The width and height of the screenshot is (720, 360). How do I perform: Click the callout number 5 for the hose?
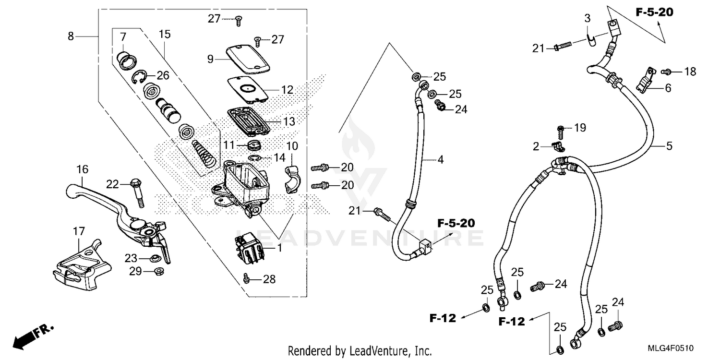(x=669, y=145)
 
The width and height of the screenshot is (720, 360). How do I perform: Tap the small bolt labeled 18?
(x=666, y=72)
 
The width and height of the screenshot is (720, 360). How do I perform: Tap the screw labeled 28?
(x=247, y=277)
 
